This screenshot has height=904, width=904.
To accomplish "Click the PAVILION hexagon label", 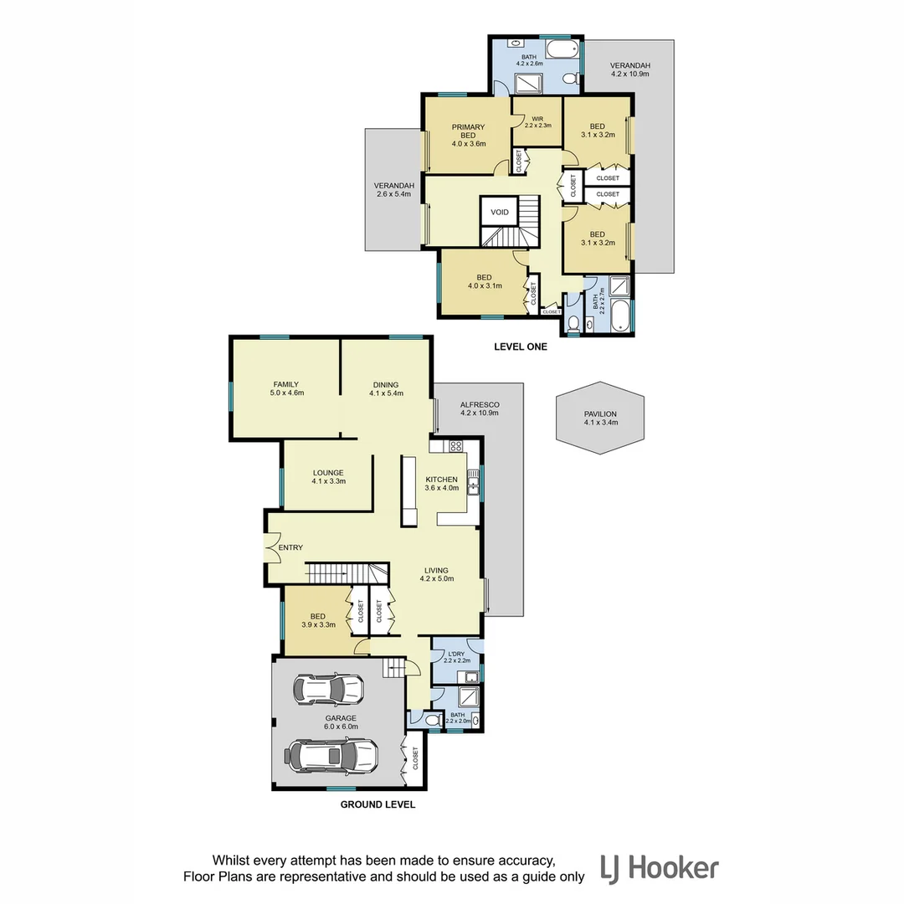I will click(x=600, y=418).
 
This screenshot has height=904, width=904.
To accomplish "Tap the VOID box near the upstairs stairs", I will click(x=500, y=213).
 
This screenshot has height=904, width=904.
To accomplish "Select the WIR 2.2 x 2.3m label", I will click(x=537, y=121).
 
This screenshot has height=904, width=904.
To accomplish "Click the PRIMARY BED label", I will click(x=468, y=135).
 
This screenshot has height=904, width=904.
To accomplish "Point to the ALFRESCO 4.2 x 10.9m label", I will click(x=479, y=408).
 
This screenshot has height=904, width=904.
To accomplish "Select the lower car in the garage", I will click(x=332, y=756).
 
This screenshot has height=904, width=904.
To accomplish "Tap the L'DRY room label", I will click(x=456, y=657).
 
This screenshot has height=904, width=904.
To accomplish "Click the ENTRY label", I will click(x=290, y=547).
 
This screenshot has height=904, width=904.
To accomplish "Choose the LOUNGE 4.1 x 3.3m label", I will click(x=328, y=477).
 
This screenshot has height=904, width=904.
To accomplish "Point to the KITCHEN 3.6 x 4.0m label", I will click(x=441, y=483).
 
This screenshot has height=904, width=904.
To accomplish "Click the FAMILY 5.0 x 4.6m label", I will click(x=285, y=388).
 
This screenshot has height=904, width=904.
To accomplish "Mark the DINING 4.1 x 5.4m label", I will click(x=386, y=388).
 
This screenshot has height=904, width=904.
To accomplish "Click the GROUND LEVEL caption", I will click(x=378, y=805).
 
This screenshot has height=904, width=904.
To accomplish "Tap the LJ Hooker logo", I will click(x=659, y=868).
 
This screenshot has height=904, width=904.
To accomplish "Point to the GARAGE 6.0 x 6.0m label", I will click(x=341, y=722).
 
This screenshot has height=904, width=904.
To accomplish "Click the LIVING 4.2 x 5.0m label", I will click(x=436, y=574).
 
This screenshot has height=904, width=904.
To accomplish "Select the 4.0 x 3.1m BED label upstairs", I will click(x=484, y=281).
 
